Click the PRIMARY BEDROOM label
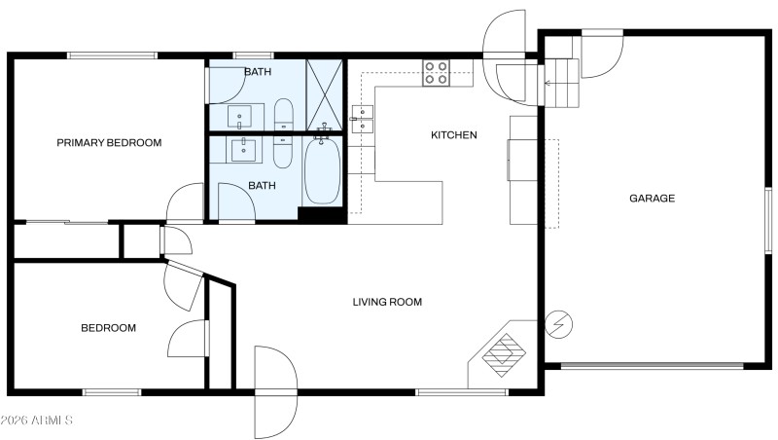click(x=109, y=143)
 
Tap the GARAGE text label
click(x=652, y=198)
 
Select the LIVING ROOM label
click(x=387, y=302)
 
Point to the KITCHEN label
click(x=454, y=135)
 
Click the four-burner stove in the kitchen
click(x=436, y=73)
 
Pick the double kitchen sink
click(x=362, y=118)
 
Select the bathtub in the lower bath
click(x=322, y=172)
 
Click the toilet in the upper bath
click(x=282, y=114)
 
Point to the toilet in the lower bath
click(x=282, y=150)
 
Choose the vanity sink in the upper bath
click(x=242, y=116)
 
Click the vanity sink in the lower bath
click(x=242, y=151)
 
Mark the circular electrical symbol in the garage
click(x=560, y=324)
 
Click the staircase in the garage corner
click(x=560, y=84)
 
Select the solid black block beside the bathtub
click(x=322, y=215)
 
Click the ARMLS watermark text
click(x=37, y=421)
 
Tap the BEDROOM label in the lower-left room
click(x=108, y=328)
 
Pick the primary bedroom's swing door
click(x=185, y=203)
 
